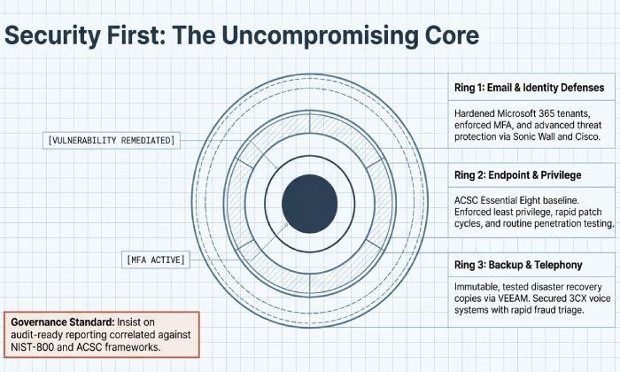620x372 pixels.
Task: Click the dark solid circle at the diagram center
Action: (309, 203)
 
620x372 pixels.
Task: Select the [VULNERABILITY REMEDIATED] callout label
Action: (112, 141)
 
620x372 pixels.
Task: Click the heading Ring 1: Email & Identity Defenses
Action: (529, 88)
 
